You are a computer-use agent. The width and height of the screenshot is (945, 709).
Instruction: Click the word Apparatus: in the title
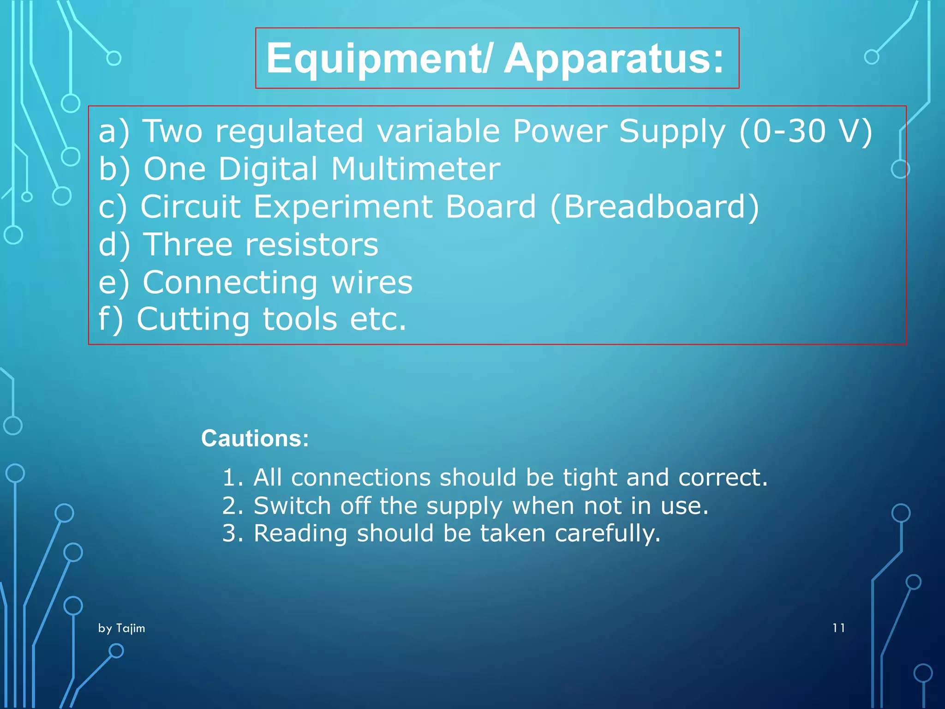[614, 59]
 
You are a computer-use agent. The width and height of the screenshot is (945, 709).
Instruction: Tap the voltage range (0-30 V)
[806, 132]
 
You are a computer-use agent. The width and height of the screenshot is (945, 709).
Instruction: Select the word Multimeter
[415, 169]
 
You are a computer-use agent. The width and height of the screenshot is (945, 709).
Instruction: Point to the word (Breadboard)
[654, 207]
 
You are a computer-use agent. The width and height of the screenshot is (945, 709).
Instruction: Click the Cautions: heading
[255, 438]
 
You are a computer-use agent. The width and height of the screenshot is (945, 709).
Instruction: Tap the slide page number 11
[838, 628]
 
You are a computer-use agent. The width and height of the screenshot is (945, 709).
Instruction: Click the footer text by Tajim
[122, 628]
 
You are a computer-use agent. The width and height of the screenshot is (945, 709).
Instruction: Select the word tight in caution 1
[589, 477]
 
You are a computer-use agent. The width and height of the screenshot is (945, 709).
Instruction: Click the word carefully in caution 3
[608, 534]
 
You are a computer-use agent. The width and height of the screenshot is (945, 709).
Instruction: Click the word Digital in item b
[268, 169]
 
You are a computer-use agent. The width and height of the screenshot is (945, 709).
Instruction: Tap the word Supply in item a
[672, 132]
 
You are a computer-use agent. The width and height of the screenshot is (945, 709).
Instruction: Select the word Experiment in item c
[343, 207]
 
